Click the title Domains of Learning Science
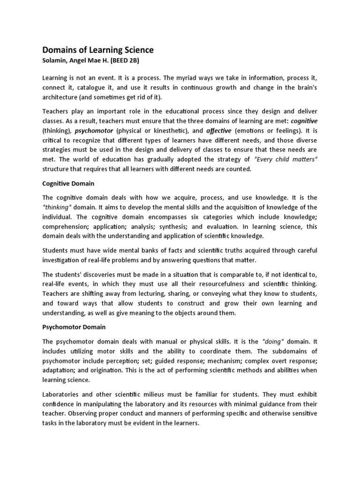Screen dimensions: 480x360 click(x=98, y=50)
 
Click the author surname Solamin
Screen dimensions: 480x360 click(x=56, y=60)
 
